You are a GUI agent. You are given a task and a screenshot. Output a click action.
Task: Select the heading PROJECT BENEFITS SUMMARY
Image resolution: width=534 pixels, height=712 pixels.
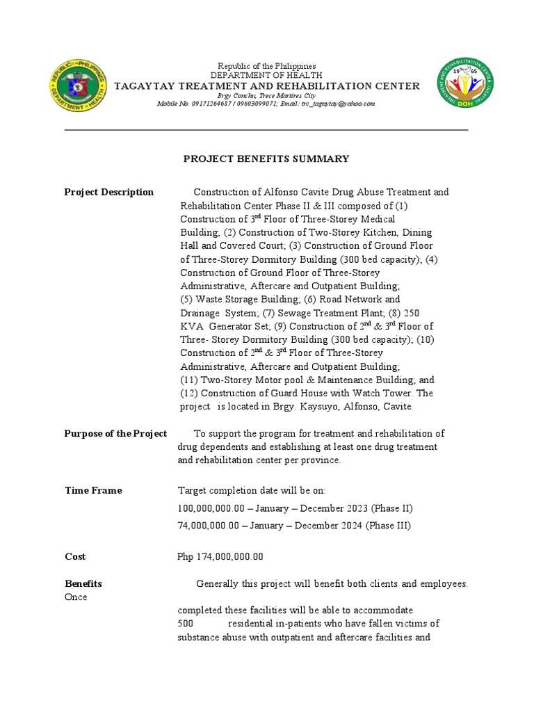pyautogui.click(x=266, y=159)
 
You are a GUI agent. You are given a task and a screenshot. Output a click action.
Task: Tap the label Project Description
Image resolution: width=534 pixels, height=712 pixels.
pyautogui.click(x=109, y=193)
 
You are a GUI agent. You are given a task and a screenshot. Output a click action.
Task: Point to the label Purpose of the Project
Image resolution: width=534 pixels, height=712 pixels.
pyautogui.click(x=115, y=434)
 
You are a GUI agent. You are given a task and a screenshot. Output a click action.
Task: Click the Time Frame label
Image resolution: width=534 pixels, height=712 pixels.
pyautogui.click(x=93, y=491)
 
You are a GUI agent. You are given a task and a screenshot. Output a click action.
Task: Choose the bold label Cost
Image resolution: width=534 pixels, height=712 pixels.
pyautogui.click(x=75, y=557)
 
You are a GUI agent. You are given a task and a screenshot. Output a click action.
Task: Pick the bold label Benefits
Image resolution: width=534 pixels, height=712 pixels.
pyautogui.click(x=83, y=584)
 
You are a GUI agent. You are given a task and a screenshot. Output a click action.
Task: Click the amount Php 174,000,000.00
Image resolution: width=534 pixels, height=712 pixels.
pyautogui.click(x=220, y=557)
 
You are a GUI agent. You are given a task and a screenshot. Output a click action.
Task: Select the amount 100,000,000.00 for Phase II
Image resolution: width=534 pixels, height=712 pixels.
pyautogui.click(x=208, y=508)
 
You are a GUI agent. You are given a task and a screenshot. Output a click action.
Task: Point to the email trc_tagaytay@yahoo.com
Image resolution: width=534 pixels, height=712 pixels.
pyautogui.click(x=338, y=104)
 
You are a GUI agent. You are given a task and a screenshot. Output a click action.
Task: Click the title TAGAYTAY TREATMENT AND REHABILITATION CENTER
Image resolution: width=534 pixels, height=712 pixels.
pyautogui.click(x=267, y=86)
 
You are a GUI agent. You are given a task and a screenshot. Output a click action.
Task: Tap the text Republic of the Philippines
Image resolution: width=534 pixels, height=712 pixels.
pyautogui.click(x=267, y=66)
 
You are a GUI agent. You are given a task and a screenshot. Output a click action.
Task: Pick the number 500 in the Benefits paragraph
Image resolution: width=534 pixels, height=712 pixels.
pyautogui.click(x=186, y=624)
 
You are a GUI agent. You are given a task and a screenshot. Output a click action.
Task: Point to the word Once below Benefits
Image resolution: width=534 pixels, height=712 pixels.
pyautogui.click(x=76, y=597)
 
